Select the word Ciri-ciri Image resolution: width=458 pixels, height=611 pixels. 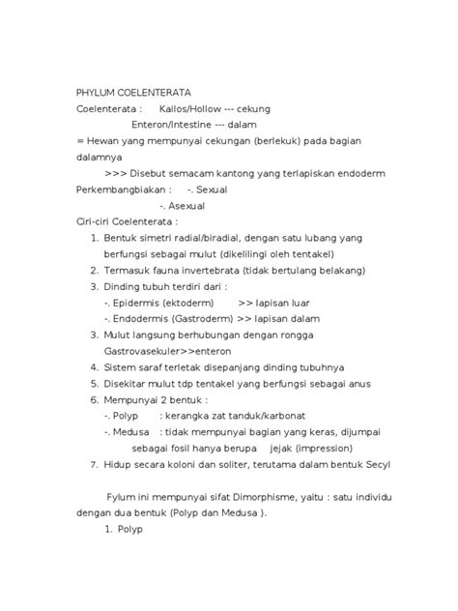96,221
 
